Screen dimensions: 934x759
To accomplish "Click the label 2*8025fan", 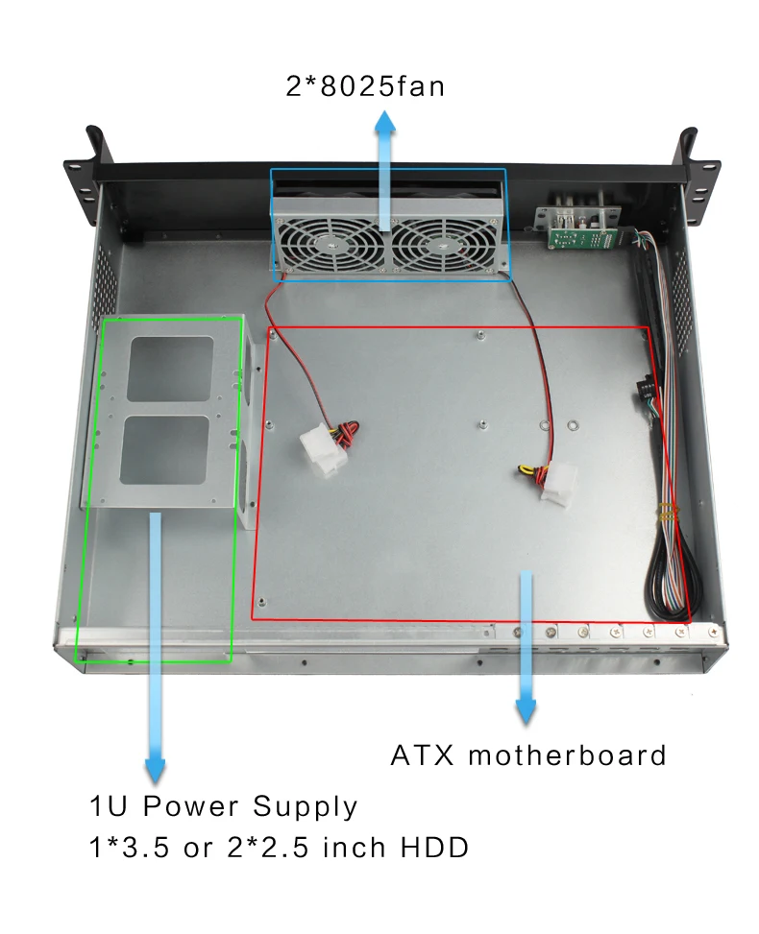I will pos(365,87).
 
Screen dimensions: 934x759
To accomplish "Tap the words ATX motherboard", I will pos(527,755).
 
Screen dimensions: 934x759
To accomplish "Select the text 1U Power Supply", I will pos(223,806).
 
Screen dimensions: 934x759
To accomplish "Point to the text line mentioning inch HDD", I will pos(279,849).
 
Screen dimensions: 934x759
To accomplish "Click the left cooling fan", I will pos(330,243).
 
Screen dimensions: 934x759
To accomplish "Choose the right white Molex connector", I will pos(558,485).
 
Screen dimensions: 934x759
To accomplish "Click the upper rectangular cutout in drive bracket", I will pos(169,369).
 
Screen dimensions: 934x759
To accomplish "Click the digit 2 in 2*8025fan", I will pos(294,87).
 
